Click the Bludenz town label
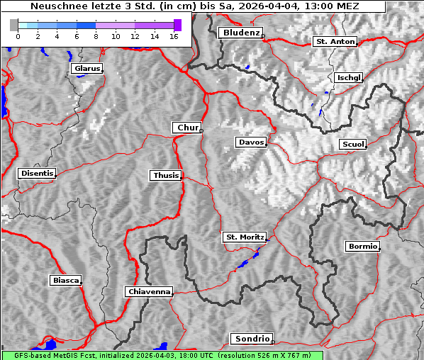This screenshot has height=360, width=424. tap(240, 33)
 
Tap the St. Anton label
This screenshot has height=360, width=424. tap(335, 42)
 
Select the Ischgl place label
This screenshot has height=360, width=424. tap(350, 77)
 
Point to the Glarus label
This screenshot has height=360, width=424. tap(87, 69)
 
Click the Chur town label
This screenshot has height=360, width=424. tap(187, 128)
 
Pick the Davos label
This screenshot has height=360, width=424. tap(251, 142)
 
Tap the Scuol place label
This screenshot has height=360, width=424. tap(353, 145)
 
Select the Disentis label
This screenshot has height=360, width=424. tap(36, 173)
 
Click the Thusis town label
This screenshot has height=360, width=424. tap(166, 175)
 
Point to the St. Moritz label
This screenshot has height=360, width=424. tap(245, 237)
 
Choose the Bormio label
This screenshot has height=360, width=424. tap(362, 247)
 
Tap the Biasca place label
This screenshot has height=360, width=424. tap(65, 281)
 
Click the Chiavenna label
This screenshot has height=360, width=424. tap(149, 291)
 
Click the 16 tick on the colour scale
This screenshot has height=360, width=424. tap(172, 35)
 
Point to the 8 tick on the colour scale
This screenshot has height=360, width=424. tap(95, 35)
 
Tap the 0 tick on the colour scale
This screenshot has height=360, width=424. tap(18, 35)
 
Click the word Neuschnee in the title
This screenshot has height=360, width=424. tap(54, 6)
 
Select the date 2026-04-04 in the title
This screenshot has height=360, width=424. tap(272, 6)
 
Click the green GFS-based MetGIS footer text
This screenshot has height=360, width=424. tap(162, 355)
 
